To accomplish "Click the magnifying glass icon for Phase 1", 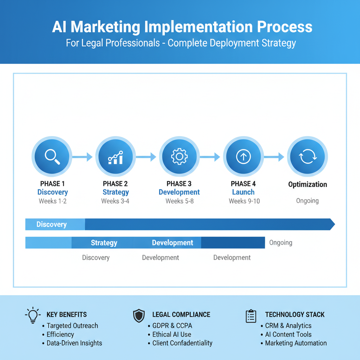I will point(52,156).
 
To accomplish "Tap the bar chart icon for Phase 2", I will point(115,157).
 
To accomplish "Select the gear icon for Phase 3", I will point(179,157).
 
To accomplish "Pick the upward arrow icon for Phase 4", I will point(243,157).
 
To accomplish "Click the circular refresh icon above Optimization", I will point(307,157).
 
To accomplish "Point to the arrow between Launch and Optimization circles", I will point(275,157).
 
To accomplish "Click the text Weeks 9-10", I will point(244,201).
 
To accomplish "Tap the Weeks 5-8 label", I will point(179,201).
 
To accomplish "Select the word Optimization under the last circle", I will point(308,185).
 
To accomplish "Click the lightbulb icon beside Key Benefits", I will point(32,315).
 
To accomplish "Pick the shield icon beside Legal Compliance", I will point(139,316).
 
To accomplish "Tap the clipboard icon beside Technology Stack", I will point(251,316).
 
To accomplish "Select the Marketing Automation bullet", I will point(296,343).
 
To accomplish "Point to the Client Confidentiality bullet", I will point(182,343).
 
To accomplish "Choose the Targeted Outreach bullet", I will point(72,326).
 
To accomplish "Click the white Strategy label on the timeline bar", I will point(104,243).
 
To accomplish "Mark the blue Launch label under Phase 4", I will point(243,192).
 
